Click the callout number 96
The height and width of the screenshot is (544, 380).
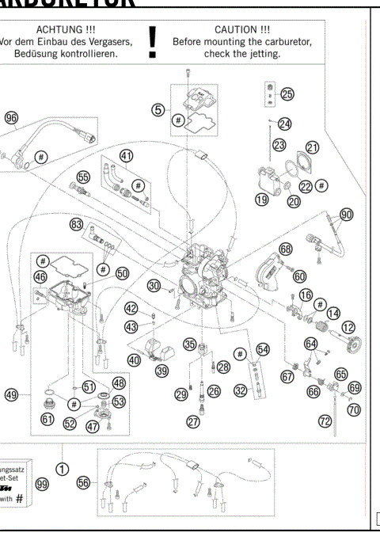pos(11,117)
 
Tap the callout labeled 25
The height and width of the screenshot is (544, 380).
pos(286,95)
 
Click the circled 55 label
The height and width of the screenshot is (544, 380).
pos(83,177)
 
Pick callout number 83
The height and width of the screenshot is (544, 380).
pos(76,225)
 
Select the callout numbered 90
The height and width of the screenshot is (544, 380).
pos(346,214)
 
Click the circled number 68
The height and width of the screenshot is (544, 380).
pos(285,249)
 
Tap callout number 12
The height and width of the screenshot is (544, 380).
pos(348,325)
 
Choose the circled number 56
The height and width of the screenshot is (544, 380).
pos(83,481)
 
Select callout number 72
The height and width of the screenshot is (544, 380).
pos(325,421)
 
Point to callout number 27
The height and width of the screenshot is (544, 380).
pos(192,422)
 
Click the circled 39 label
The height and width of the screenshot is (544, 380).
pos(162,370)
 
